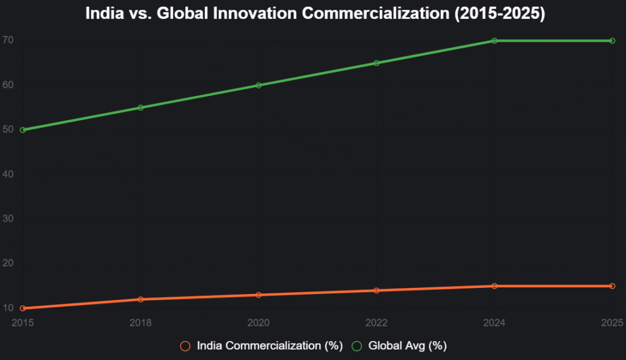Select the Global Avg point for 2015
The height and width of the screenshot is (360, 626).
click(x=23, y=130)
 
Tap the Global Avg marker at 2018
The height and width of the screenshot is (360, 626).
click(x=141, y=108)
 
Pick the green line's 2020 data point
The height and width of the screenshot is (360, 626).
click(x=259, y=85)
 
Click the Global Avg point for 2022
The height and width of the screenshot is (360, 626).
click(x=377, y=63)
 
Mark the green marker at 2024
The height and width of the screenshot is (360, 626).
click(x=495, y=40)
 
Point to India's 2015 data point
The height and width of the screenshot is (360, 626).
click(x=23, y=308)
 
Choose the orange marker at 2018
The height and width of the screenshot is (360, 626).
click(x=141, y=299)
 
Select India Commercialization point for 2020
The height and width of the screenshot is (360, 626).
click(x=259, y=295)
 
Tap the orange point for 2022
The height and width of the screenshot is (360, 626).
click(x=377, y=290)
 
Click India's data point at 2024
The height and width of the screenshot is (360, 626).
click(x=495, y=286)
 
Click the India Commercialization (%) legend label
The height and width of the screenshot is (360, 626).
click(x=269, y=346)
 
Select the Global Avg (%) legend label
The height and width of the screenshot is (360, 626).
click(x=407, y=346)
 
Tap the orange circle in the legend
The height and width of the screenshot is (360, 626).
click(x=185, y=346)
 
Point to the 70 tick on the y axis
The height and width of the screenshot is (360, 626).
click(x=8, y=40)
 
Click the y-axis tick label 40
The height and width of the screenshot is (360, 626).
click(x=8, y=174)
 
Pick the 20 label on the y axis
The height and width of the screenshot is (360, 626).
click(x=8, y=263)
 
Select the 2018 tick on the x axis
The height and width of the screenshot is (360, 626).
click(x=141, y=322)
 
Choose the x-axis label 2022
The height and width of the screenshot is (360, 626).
click(x=377, y=322)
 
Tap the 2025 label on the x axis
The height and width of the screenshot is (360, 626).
click(x=612, y=322)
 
